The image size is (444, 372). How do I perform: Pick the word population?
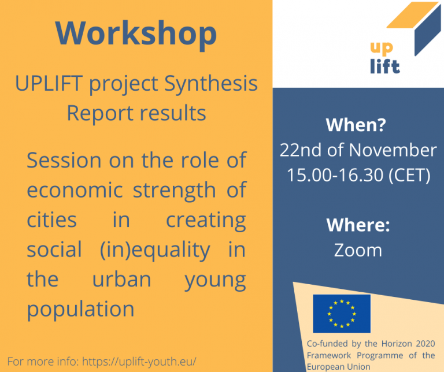pyautogui.click(x=80, y=309)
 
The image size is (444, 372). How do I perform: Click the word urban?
pyautogui.click(x=121, y=279)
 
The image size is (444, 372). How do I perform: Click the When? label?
pyautogui.click(x=358, y=125)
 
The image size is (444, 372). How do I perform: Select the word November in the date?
pyautogui.click(x=395, y=150)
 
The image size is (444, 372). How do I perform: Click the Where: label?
pyautogui.click(x=358, y=225)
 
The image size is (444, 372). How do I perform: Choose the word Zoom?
pyautogui.click(x=358, y=250)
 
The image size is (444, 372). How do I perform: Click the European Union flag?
pyautogui.click(x=341, y=314)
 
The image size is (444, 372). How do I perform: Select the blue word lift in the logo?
pyautogui.click(x=384, y=66)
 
